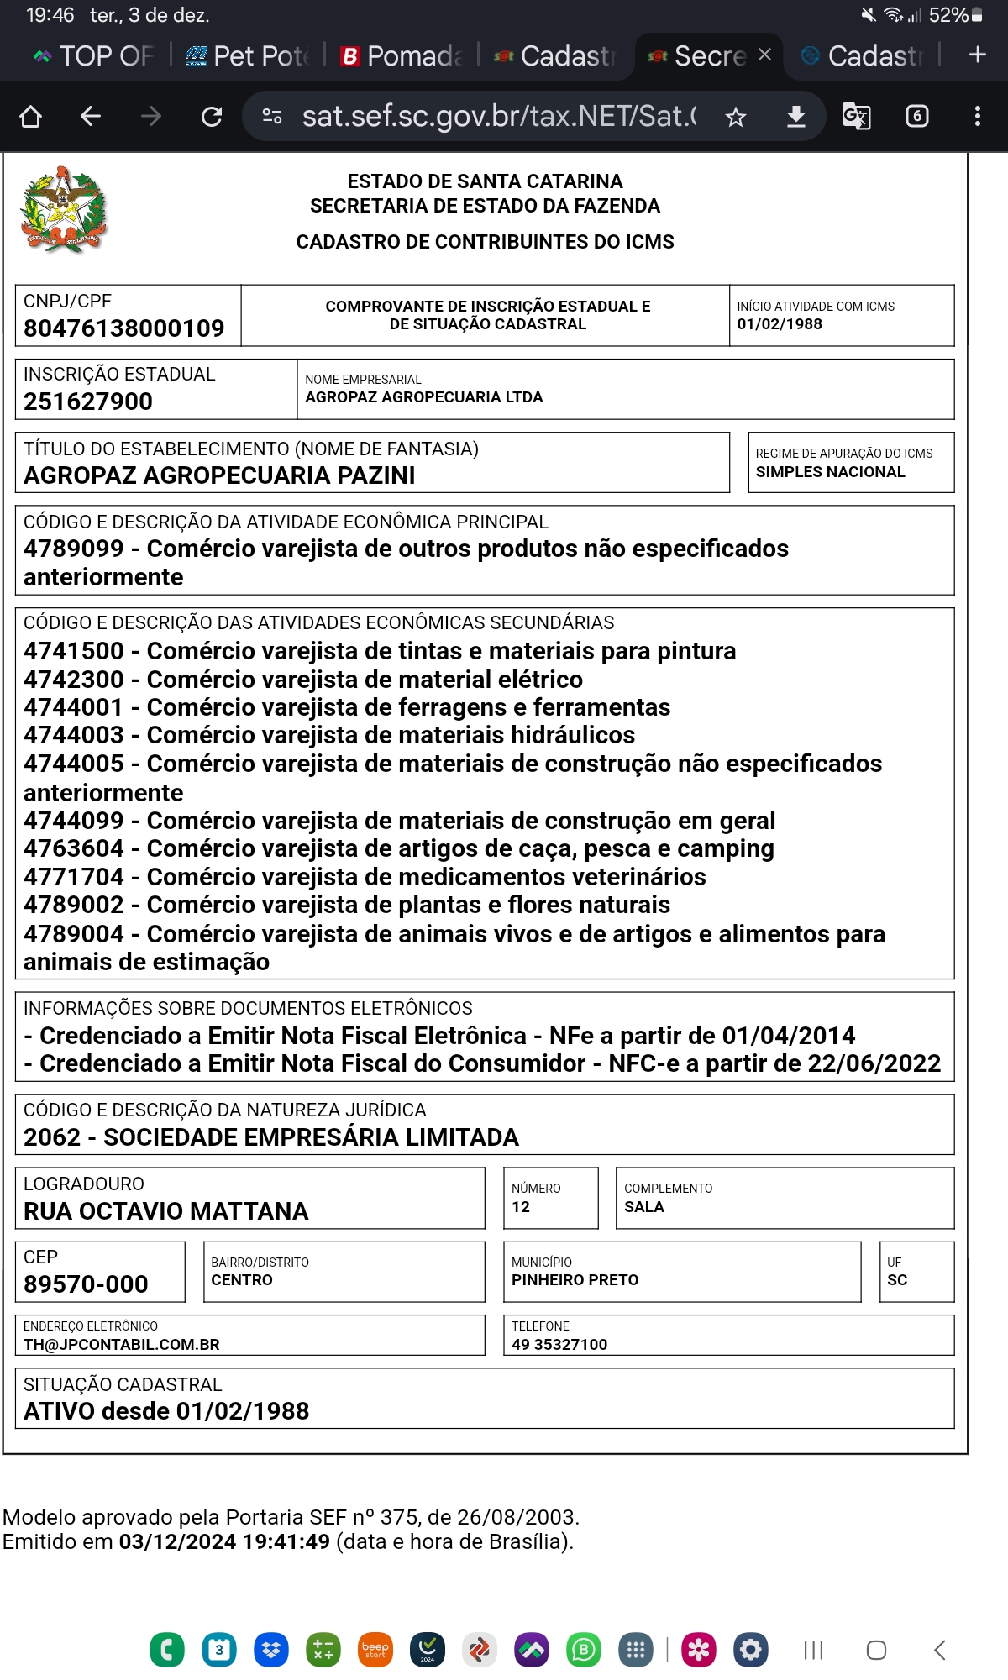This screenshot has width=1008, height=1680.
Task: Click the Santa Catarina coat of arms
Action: [64, 210]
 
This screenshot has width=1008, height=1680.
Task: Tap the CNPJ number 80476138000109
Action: [124, 328]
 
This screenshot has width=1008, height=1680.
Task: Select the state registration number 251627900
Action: [88, 402]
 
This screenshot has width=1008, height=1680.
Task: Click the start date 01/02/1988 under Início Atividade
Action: [780, 324]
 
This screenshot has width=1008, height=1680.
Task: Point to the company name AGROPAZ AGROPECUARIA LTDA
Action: [424, 397]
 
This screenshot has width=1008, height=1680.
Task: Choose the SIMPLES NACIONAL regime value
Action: [830, 472]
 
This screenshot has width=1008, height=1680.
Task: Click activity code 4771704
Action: [74, 877]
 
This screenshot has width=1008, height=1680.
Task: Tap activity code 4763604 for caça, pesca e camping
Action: [74, 848]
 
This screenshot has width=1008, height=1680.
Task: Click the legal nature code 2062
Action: [52, 1137]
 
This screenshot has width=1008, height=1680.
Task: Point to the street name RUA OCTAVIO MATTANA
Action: [166, 1211]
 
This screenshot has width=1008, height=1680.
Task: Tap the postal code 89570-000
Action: [86, 1284]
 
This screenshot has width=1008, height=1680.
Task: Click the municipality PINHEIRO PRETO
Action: [575, 1280]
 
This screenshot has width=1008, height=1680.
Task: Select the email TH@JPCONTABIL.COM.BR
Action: [122, 1345]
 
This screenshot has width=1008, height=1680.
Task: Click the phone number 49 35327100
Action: [559, 1345]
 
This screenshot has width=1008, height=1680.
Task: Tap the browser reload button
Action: [212, 116]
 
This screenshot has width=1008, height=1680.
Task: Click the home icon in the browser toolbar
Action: [30, 116]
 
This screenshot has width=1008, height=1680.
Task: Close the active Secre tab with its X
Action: [764, 55]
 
